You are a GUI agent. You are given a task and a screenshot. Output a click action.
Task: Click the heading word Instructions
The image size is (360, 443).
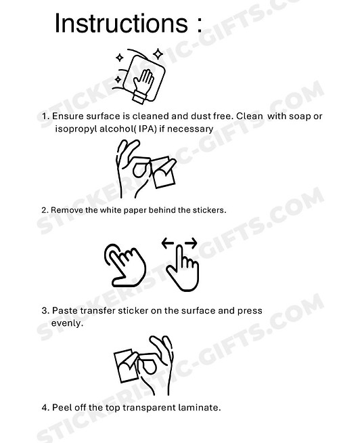119,24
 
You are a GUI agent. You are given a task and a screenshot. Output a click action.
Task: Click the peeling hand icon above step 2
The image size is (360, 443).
144,169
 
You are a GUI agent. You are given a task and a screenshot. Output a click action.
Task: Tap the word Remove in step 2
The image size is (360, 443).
68,210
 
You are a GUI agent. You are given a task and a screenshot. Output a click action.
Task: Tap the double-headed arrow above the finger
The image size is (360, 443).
180,243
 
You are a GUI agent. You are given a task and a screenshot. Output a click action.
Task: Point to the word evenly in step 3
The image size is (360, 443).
67,323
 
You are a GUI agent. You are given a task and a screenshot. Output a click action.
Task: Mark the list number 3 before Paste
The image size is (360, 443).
45,311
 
